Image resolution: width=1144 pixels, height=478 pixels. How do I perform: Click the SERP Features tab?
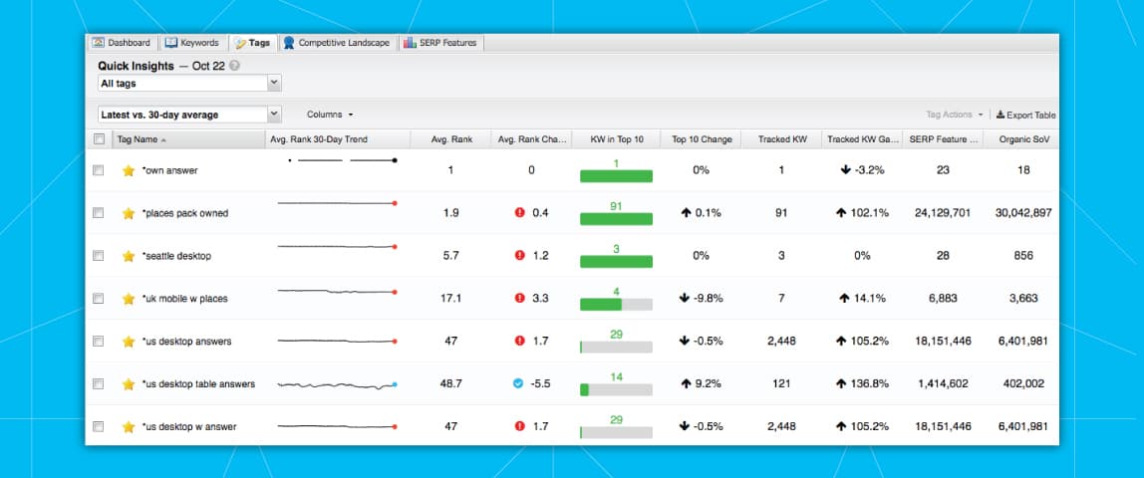click(x=441, y=43)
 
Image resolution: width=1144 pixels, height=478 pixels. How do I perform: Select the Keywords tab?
click(x=192, y=43)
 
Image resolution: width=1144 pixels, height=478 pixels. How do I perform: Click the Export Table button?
click(x=1025, y=116)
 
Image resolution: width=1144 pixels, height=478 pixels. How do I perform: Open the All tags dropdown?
click(x=189, y=84)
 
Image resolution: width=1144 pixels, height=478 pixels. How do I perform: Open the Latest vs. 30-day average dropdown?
click(x=189, y=115)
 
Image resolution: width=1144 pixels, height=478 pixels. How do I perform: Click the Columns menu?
click(x=330, y=115)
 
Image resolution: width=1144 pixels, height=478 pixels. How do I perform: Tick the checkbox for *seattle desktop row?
click(x=98, y=256)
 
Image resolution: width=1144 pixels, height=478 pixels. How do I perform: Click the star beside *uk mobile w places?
click(x=128, y=299)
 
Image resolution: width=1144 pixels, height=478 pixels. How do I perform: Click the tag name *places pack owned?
click(x=185, y=213)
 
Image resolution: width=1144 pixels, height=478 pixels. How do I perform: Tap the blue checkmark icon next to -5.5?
click(x=518, y=384)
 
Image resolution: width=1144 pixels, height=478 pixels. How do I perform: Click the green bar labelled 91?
click(x=616, y=218)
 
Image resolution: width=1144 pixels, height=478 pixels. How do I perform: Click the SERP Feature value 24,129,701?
click(x=942, y=213)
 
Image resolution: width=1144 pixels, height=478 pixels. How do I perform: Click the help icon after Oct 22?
click(x=234, y=66)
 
